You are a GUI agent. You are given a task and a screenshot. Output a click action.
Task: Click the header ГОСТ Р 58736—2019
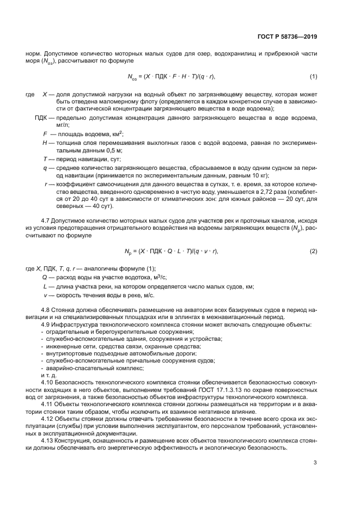[x=286, y=38]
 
